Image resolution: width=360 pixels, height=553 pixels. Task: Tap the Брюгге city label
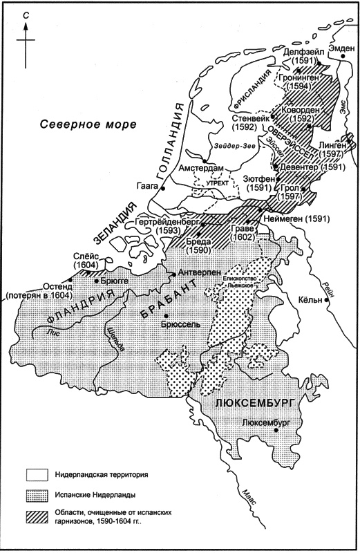pyautogui.click(x=114, y=281)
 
